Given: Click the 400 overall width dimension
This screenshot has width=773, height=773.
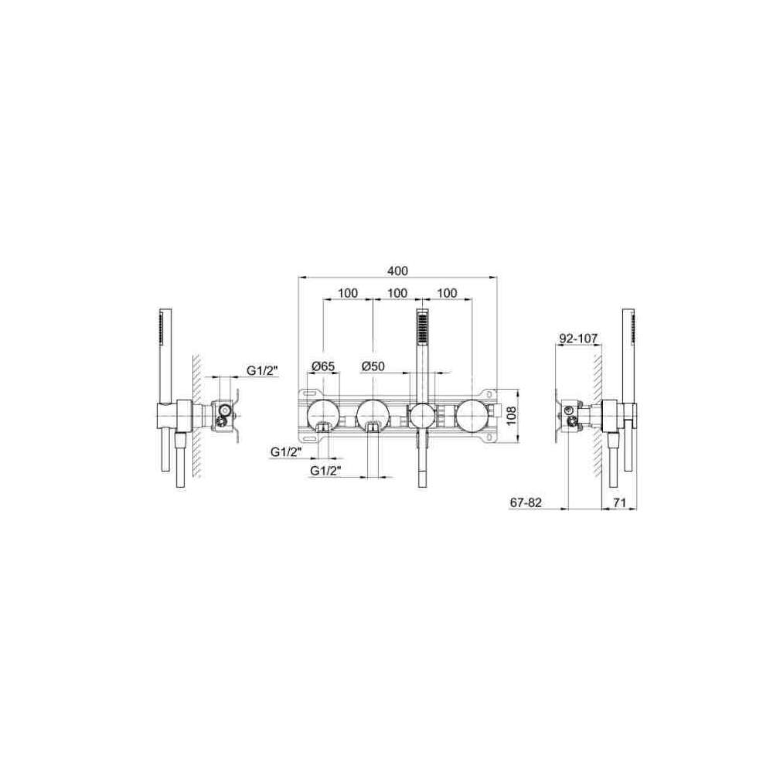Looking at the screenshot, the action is point(397,271).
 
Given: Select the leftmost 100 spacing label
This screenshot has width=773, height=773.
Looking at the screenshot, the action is point(348,293).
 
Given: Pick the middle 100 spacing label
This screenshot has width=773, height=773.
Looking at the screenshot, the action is point(397,293).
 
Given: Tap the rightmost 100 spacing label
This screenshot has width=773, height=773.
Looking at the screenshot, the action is point(447,293).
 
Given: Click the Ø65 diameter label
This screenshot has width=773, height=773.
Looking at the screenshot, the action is point(323,366).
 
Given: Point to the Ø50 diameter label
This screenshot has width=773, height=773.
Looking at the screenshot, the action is point(373,366).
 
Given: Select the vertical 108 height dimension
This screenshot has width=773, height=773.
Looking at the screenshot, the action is point(511,416).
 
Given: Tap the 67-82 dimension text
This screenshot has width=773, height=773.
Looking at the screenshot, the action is point(526,502).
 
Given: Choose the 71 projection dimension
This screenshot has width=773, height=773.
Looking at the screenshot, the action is point(619,502).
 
